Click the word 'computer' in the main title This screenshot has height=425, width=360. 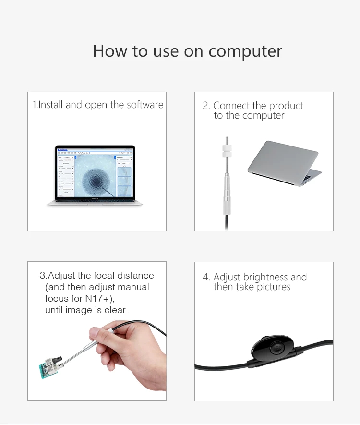pos(245,51)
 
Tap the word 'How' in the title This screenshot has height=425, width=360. pos(110,51)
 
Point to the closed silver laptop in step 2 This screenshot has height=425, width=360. pos(284,163)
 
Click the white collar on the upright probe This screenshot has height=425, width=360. pos(227,151)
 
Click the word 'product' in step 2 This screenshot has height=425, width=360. pos(286,106)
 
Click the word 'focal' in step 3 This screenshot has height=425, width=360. pos(104,275)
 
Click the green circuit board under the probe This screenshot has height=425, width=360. pos(50,368)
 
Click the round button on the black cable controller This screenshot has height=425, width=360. pos(277,347)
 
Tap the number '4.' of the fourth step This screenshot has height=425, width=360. pos(206,277)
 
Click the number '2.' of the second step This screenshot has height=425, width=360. pos(206,106)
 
